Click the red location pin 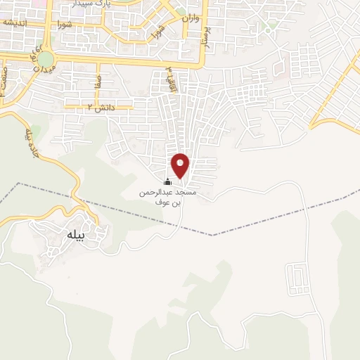tap(181, 165)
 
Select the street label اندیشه tap(15, 22)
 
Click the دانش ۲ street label tap(101, 107)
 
